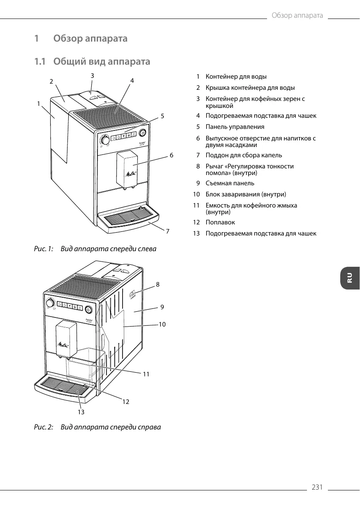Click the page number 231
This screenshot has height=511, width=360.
pyautogui.click(x=317, y=488)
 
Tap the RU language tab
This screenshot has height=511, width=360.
pyautogui.click(x=350, y=278)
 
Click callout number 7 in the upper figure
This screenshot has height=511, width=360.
pyautogui.click(x=167, y=231)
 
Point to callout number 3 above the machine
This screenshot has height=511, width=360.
pyautogui.click(x=93, y=75)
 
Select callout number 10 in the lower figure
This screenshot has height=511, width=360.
pyautogui.click(x=162, y=324)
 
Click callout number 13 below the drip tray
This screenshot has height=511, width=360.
pyautogui.click(x=81, y=412)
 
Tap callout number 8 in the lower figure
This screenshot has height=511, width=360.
pyautogui.click(x=158, y=284)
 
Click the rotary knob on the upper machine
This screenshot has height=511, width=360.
pyautogui.click(x=105, y=140)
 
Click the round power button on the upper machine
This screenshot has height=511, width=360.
pyautogui.click(x=142, y=133)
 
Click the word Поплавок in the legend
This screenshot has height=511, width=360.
pyautogui.click(x=220, y=222)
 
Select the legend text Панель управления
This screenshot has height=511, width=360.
pyautogui.click(x=235, y=127)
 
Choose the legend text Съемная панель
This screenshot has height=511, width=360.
pyautogui.click(x=230, y=183)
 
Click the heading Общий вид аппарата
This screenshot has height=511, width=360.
pyautogui.click(x=102, y=62)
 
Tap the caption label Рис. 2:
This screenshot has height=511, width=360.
pyautogui.click(x=43, y=427)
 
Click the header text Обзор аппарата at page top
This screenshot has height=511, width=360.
pyautogui.click(x=297, y=16)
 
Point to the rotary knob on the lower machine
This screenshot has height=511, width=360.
pyautogui.click(x=50, y=303)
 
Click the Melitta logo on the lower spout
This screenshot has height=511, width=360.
pyautogui.click(x=62, y=344)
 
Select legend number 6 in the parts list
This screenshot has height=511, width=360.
pyautogui.click(x=198, y=138)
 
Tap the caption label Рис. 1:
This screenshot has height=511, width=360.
pyautogui.click(x=43, y=249)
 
